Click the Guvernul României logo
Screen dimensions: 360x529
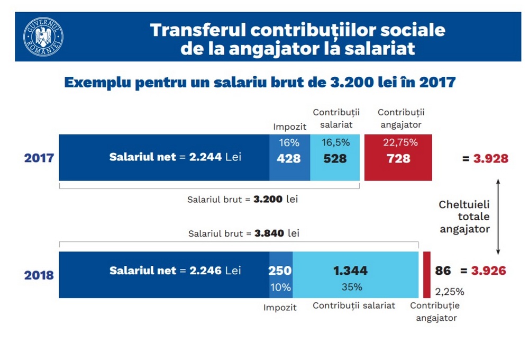[43, 37]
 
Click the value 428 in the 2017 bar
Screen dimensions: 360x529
[289, 158]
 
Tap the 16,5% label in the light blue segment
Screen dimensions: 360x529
[335, 142]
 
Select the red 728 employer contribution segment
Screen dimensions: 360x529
[398, 158]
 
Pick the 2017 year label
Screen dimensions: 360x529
[39, 158]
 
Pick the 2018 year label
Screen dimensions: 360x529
[39, 275]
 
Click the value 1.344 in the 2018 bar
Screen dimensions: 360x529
[350, 271]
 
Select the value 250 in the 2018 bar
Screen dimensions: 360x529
[280, 271]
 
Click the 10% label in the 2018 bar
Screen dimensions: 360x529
[280, 287]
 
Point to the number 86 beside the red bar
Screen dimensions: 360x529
[443, 271]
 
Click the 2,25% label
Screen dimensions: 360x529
[449, 291]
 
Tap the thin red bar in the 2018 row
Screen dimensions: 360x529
[426, 274]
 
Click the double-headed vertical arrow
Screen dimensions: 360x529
[498, 218]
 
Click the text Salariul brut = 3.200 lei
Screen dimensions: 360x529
[238, 200]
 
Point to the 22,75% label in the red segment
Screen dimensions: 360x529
[400, 142]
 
